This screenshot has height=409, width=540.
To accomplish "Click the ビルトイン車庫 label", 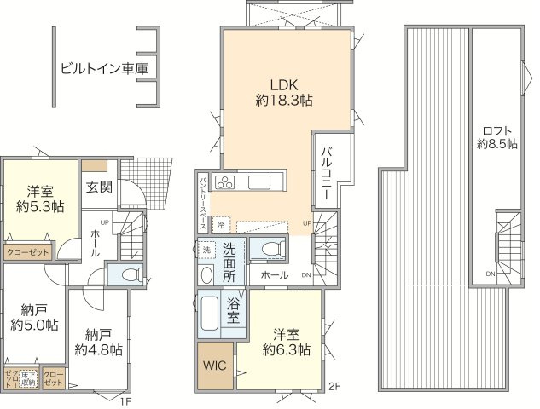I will [x=97, y=69].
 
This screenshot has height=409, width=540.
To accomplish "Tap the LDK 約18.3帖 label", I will [x=283, y=92].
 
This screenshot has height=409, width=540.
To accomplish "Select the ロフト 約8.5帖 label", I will [x=497, y=137].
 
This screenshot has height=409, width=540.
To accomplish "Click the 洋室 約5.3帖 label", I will [x=39, y=199].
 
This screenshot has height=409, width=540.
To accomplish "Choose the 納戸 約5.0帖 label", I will [x=34, y=317].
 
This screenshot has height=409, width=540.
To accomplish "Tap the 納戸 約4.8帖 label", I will [x=97, y=342].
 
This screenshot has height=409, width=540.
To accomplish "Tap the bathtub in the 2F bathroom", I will [x=209, y=314].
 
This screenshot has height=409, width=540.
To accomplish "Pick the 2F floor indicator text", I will [x=334, y=388].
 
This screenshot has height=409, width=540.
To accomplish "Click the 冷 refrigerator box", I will [x=220, y=226].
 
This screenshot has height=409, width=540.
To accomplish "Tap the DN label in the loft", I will [x=491, y=274].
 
